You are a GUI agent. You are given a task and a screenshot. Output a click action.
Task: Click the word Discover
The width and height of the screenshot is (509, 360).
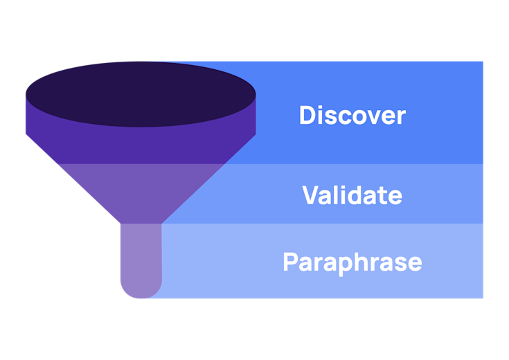click(352, 115)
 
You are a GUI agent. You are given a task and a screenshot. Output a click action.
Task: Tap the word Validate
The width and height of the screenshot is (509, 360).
click(352, 195)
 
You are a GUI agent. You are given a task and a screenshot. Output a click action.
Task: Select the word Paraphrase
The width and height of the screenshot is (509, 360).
click(352, 262)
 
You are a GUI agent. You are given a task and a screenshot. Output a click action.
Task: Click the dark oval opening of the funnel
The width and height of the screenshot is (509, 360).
click(141, 93)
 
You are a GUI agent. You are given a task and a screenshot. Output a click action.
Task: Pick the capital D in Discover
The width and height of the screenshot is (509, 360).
click(307, 115)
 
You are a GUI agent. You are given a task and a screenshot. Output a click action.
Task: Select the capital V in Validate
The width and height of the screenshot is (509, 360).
click(311, 195)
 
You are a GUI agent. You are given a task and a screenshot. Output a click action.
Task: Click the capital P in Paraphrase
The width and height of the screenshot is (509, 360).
click(291, 262)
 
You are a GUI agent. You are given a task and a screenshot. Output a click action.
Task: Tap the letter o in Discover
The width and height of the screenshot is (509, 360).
click(357, 117)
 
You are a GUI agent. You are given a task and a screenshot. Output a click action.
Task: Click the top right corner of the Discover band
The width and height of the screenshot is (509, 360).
click(482, 62)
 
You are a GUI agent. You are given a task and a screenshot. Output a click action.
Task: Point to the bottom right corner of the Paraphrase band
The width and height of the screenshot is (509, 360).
click(482, 298)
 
